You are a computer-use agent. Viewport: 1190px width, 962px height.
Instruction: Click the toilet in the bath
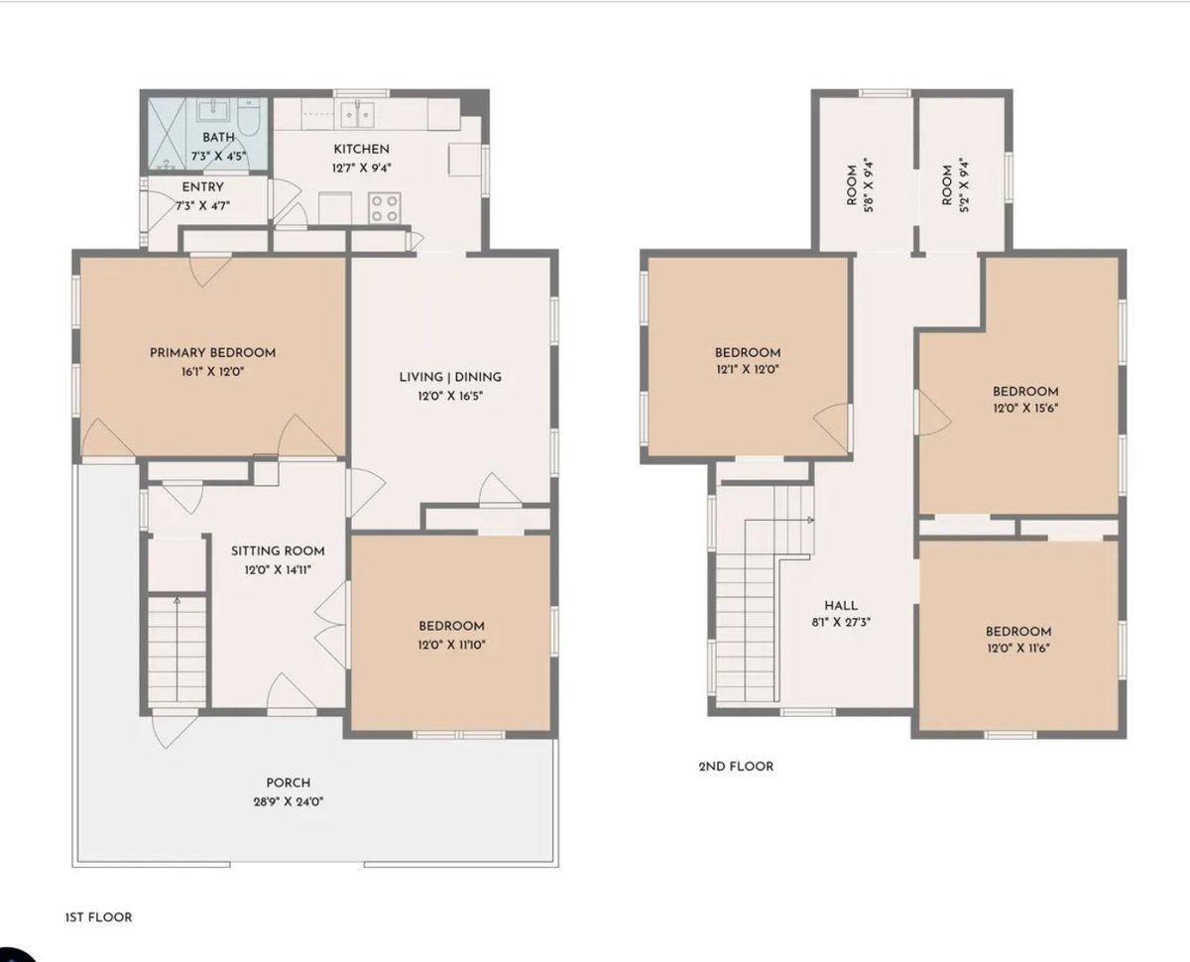point(248,117)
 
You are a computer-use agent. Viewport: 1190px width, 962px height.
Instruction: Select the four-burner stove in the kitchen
point(385,208)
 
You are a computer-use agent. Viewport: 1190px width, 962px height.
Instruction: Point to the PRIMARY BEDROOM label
point(213,352)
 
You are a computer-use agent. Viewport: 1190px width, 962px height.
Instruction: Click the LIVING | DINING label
point(450,377)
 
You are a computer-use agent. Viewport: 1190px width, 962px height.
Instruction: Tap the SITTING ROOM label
point(278,550)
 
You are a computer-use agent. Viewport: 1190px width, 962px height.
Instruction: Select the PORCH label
point(289,782)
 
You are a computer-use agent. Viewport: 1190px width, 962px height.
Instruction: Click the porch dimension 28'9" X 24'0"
point(289,801)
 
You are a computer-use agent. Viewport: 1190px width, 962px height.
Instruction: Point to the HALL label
point(841,606)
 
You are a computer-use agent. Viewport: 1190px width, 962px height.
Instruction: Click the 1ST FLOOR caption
point(99,917)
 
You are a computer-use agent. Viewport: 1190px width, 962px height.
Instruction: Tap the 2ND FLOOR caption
point(737,767)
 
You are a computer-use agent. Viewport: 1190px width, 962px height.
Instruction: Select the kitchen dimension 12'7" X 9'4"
point(362,168)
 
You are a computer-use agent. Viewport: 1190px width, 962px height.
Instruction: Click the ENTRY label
point(203,186)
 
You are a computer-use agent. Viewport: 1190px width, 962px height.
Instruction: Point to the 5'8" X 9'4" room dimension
point(868,184)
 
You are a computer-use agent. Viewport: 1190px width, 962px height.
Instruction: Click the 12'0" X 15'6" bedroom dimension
point(1025,408)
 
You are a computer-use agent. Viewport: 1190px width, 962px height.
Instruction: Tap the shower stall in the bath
point(167,134)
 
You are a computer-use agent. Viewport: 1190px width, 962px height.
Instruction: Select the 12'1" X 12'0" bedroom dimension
point(748,369)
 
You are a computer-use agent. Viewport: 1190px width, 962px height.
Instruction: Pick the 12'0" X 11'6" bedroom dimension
point(1018,648)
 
